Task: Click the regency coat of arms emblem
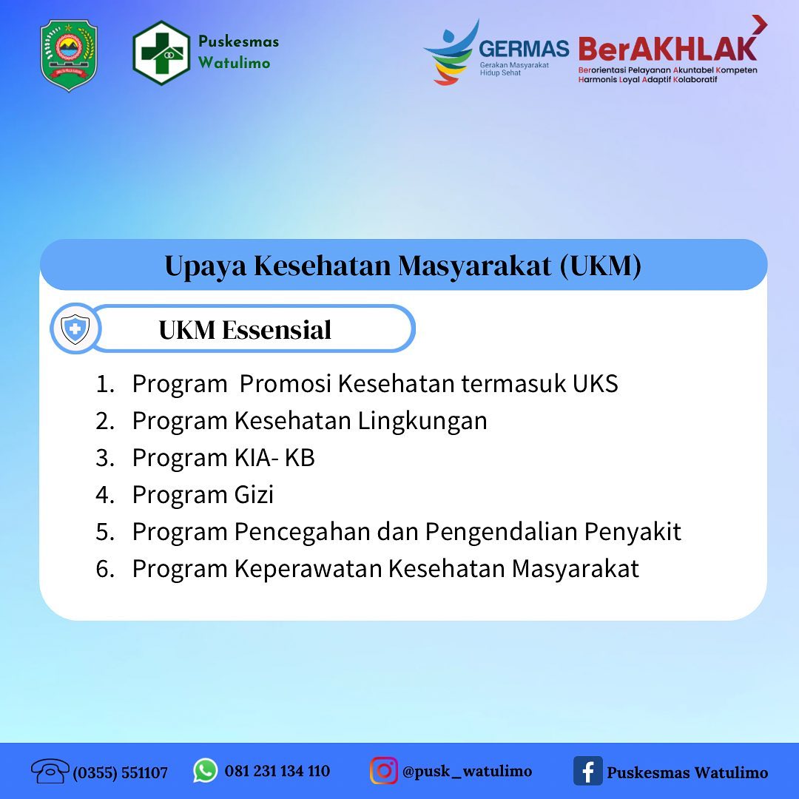pos(69,55)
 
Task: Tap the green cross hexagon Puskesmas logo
pos(161,53)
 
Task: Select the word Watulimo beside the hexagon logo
pos(234,63)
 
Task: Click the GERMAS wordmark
pos(524,49)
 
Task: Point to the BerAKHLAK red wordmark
pos(667,49)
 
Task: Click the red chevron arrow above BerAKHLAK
pos(760,24)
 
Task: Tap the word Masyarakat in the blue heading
pos(474,266)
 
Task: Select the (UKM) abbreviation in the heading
pos(600,266)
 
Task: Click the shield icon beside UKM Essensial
pos(75,328)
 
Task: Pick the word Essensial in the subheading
pos(277,330)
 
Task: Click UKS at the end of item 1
pos(595,384)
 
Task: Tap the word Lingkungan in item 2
pos(422,422)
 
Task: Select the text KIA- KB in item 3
pos(274,458)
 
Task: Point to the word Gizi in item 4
pos(254,495)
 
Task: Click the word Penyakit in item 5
pos(633,532)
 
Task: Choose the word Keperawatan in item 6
pos(309,569)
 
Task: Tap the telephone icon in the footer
pos(50,770)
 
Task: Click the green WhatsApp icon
pos(206,770)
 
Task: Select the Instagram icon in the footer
pos(384,770)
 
